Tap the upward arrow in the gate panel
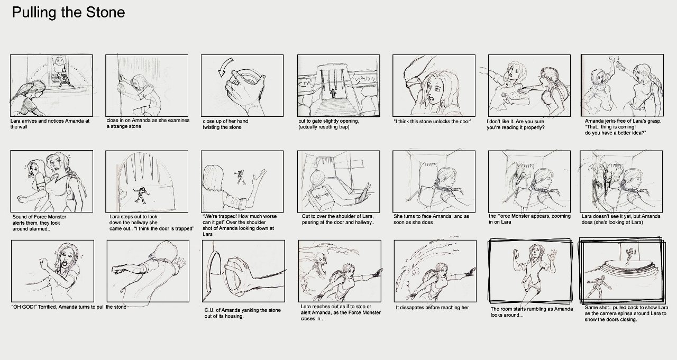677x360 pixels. [333, 93]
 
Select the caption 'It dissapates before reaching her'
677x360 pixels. [432, 308]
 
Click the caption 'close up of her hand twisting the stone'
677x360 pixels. [225, 124]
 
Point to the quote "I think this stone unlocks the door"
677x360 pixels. [432, 122]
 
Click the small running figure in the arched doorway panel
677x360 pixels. [141, 195]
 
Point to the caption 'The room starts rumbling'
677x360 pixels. [532, 312]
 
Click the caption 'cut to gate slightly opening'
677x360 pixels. [329, 124]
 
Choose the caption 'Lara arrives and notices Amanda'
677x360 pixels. [50, 124]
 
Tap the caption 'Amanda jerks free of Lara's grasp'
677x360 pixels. [623, 127]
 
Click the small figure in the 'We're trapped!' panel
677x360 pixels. [240, 177]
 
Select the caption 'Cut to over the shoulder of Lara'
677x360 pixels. [338, 219]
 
